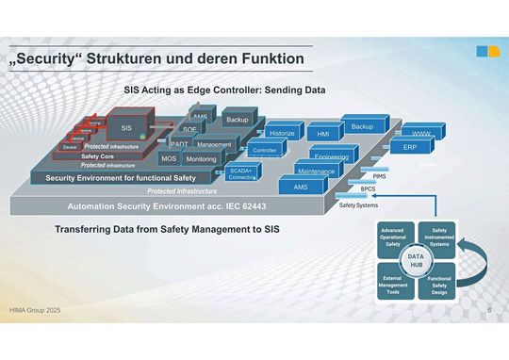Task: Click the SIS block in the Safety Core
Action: click(126, 127)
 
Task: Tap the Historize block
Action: click(282, 134)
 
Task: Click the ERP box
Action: click(410, 148)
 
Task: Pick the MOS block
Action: click(169, 159)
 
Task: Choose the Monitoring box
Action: click(201, 159)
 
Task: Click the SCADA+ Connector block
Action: click(242, 173)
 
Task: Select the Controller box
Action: click(265, 151)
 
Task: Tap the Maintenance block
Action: click(316, 172)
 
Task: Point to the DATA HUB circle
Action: click(415, 260)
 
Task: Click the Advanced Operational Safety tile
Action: click(393, 237)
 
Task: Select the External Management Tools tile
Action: click(393, 284)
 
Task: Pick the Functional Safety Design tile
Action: click(438, 284)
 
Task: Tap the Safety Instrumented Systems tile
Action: click(438, 237)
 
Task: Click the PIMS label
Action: click(379, 175)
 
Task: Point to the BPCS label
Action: click(369, 188)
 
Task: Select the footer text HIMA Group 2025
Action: click(36, 309)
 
